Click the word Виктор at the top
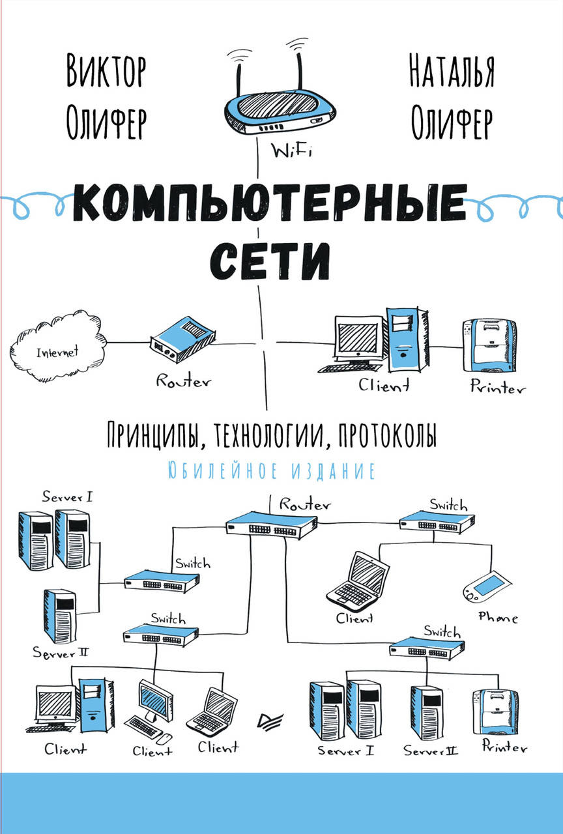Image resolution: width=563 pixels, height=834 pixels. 106,71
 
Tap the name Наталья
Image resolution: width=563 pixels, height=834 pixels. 452,71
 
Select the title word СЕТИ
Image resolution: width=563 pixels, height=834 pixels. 270,261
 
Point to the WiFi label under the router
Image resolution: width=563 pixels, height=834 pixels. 291,152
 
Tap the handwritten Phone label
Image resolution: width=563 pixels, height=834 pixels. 498,617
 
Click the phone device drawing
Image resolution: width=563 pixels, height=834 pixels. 487,586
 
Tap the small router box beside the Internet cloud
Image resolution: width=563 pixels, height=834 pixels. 182,339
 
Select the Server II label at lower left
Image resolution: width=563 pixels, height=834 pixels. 61,653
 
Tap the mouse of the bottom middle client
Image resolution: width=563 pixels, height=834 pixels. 164,738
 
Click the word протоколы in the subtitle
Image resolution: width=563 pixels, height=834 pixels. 388,435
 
